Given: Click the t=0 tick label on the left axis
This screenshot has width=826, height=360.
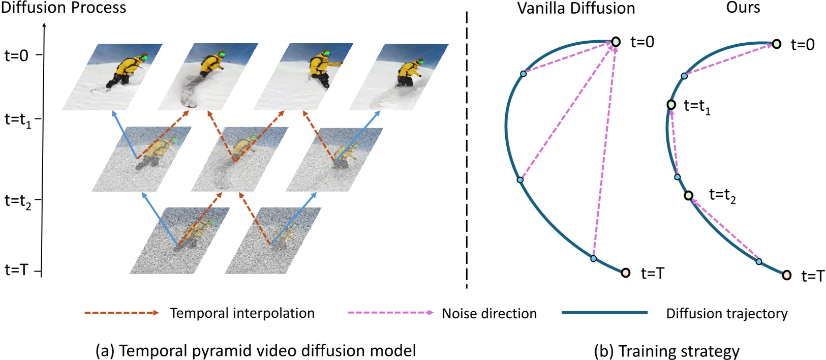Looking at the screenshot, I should click(16, 55).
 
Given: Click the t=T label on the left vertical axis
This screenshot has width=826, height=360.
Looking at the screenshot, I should click(16, 269).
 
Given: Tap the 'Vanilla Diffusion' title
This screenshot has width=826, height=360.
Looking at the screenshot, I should click(576, 8).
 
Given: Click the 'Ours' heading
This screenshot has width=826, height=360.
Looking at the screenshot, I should click(743, 7).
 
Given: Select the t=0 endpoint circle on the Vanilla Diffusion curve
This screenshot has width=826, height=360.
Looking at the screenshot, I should click(616, 42).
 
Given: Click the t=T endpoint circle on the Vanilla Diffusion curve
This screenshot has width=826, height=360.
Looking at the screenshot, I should click(626, 273).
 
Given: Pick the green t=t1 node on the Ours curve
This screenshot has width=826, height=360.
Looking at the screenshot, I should click(671, 105).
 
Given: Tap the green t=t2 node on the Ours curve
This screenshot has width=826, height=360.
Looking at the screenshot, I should click(688, 195).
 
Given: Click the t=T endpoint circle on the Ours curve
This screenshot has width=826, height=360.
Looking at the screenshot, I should click(786, 275).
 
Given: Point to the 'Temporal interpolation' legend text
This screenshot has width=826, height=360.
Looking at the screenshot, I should click(242, 313).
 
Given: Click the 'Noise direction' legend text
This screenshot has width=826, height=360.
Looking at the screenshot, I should click(489, 314).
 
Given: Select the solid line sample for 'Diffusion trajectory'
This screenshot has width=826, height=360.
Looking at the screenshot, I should click(604, 313).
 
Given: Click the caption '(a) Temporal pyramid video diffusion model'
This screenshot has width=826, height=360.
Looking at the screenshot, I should click(256, 351).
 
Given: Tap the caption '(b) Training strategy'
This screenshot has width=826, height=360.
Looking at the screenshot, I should click(666, 351).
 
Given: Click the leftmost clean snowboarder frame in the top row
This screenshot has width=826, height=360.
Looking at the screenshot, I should click(112, 77).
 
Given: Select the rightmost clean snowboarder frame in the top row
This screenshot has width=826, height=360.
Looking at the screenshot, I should click(399, 77).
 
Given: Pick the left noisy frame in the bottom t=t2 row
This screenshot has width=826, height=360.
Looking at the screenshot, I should click(179, 241).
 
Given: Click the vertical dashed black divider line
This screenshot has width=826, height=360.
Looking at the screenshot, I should click(467, 153).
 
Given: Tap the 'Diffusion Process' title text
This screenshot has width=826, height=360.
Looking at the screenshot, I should click(63, 8).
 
